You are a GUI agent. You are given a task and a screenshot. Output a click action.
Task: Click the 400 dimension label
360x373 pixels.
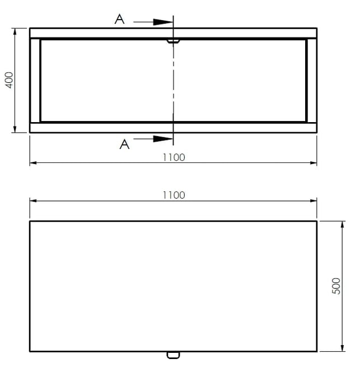click(x=9, y=80)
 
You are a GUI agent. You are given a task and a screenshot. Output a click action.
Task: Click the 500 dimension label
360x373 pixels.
click(x=336, y=286)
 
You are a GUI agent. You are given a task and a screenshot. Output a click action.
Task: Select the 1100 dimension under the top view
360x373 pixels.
click(x=174, y=157)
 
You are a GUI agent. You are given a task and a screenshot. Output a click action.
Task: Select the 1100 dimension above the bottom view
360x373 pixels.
click(x=174, y=195)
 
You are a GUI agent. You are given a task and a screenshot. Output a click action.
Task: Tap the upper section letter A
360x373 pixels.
click(x=119, y=19)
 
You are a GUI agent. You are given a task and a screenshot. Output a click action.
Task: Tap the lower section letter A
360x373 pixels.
click(x=124, y=144)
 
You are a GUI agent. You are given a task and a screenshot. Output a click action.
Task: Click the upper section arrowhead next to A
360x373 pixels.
click(x=163, y=22)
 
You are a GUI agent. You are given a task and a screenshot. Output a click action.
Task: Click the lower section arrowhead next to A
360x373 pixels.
click(x=163, y=139)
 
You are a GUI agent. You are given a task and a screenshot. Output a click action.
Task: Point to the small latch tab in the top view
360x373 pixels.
click(x=174, y=41)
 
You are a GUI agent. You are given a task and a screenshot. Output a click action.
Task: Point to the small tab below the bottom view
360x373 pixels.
click(x=174, y=355)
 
